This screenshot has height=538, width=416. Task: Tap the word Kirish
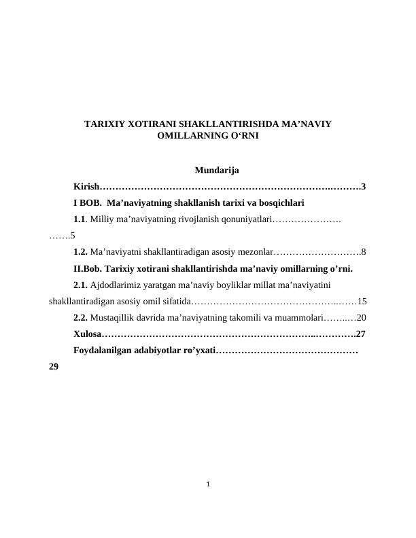pos(86,186)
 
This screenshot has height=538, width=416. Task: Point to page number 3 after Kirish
pos(364,186)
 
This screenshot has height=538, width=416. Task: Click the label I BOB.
pos(87,202)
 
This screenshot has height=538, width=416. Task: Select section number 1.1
pos(80,219)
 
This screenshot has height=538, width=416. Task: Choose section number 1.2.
pos(80,252)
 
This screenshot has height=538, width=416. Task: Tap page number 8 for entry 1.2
pos(364,252)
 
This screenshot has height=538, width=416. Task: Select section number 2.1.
pos(80,285)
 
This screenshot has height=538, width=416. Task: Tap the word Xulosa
pos(87,334)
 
